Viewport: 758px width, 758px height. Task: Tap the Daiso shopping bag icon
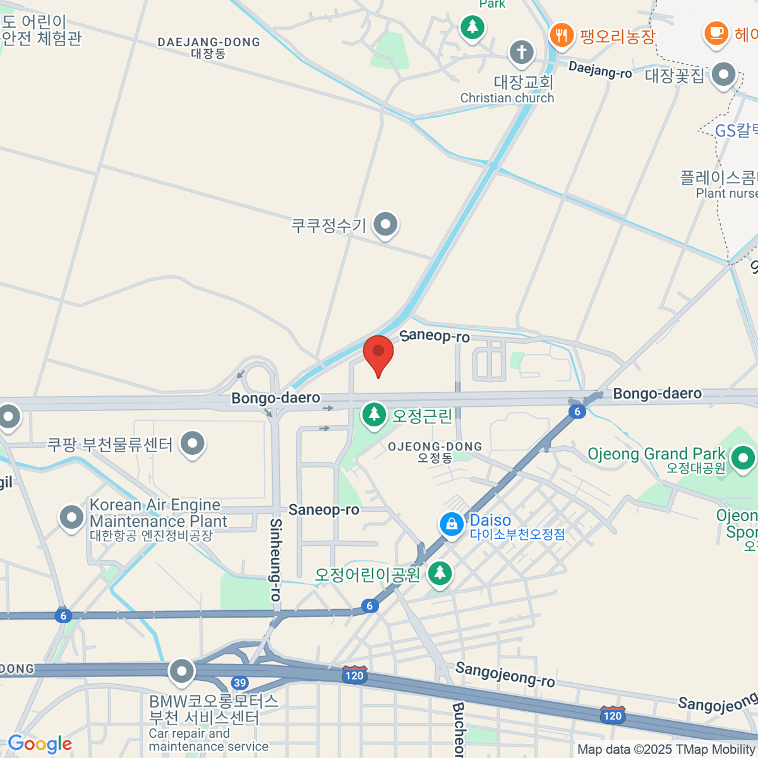click(x=452, y=524)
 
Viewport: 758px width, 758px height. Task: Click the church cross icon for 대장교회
click(x=521, y=52)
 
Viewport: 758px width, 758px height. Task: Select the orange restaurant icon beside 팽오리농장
click(x=561, y=34)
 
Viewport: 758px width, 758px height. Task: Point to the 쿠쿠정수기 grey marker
click(x=385, y=224)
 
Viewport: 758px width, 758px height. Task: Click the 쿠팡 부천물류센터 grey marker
click(x=192, y=443)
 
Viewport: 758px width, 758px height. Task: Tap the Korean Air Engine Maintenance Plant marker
click(x=71, y=518)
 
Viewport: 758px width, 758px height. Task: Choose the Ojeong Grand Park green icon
click(x=742, y=457)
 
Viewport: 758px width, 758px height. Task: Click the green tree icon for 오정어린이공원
click(x=440, y=574)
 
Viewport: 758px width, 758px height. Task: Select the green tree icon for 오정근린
click(x=374, y=415)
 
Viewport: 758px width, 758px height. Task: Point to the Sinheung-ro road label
click(x=276, y=560)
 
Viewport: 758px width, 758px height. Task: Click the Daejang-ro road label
click(x=599, y=69)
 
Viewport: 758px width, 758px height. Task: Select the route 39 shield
click(x=239, y=682)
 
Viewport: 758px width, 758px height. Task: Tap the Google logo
click(x=40, y=744)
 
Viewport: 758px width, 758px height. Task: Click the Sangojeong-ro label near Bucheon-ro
click(x=505, y=675)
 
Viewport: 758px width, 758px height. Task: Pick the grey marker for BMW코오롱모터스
click(x=182, y=671)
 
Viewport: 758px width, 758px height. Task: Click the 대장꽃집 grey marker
click(x=723, y=75)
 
